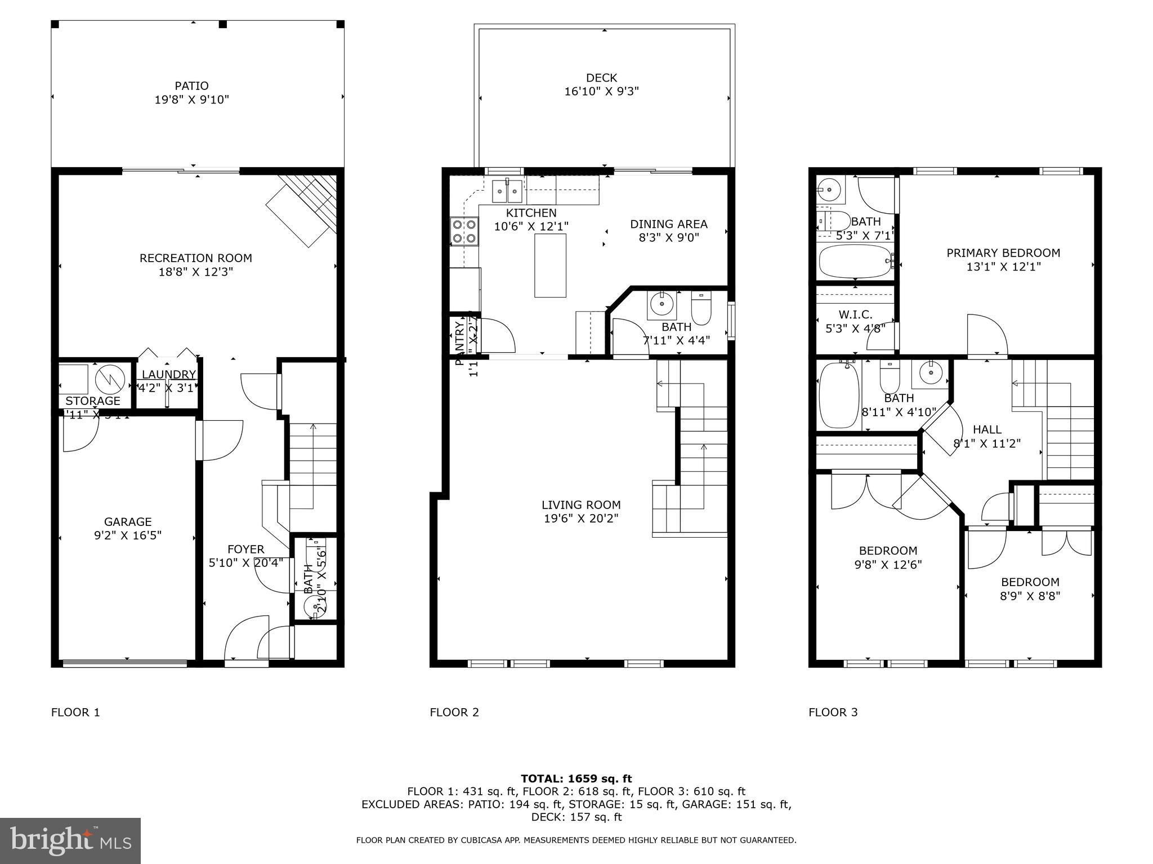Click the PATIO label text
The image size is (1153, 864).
(191, 86)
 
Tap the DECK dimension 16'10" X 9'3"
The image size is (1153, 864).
(601, 91)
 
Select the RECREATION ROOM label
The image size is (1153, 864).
(195, 258)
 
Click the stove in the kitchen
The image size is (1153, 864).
(464, 231)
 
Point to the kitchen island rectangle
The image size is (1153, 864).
(550, 265)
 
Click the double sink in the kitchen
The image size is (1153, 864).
(508, 191)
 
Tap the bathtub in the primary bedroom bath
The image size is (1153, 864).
(855, 261)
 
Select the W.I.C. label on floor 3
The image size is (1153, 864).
(855, 314)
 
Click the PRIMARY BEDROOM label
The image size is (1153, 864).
(1003, 253)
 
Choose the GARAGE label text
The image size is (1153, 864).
(128, 521)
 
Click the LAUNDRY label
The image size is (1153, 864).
(168, 375)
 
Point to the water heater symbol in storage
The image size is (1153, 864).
(109, 380)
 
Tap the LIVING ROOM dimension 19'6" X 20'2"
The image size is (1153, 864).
(581, 519)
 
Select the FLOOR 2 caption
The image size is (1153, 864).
(454, 712)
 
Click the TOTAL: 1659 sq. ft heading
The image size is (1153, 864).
(576, 778)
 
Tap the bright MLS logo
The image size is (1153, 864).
(70, 840)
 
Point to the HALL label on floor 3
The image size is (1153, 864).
(986, 430)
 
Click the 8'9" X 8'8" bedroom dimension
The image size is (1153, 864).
(1030, 596)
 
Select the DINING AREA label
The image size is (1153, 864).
(668, 224)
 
